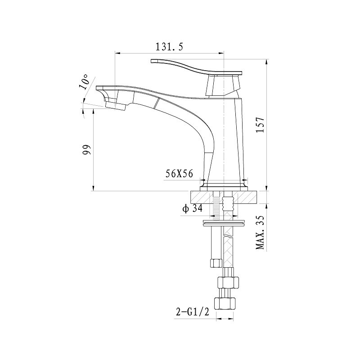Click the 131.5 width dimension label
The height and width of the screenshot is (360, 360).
pyautogui.click(x=170, y=47)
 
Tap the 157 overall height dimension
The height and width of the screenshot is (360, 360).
pyautogui.click(x=261, y=125)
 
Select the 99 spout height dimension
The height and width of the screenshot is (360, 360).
pyautogui.click(x=87, y=150)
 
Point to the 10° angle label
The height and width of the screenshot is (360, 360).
pyautogui.click(x=84, y=82)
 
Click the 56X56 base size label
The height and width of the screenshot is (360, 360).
pyautogui.click(x=179, y=174)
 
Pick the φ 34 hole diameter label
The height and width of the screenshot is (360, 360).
pyautogui.click(x=193, y=208)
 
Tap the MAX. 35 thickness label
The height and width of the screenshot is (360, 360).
pyautogui.click(x=261, y=232)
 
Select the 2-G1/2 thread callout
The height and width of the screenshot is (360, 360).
pyautogui.click(x=193, y=312)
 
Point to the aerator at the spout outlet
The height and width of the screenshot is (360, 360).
pyautogui.click(x=116, y=106)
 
